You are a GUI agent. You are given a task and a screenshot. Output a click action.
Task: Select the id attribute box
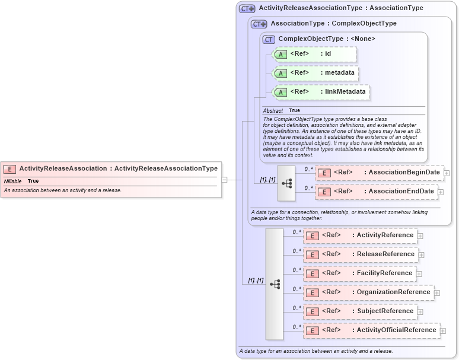click(314, 54)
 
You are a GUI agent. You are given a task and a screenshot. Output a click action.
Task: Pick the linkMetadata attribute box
click(321, 92)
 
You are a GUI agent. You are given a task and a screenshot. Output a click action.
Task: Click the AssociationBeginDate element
click(380, 173)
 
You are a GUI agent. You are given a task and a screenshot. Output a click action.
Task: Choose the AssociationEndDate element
click(377, 192)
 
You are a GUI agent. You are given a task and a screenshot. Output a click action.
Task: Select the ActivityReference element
click(361, 235)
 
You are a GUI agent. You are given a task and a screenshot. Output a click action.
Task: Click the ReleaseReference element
click(361, 254)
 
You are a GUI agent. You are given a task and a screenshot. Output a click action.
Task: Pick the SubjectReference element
click(361, 311)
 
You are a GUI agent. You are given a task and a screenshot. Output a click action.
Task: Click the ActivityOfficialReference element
click(371, 330)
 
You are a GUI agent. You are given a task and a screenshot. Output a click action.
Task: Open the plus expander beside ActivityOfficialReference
click(442, 331)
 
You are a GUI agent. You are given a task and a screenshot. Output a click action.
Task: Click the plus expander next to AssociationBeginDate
click(447, 173)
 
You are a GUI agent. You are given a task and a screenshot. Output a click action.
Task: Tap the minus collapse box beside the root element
click(225, 180)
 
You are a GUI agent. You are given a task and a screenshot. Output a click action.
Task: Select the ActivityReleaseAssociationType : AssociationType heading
click(340, 8)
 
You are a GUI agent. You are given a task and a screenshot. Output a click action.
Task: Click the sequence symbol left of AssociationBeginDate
click(286, 183)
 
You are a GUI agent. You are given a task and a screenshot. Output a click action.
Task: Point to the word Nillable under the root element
click(13, 181)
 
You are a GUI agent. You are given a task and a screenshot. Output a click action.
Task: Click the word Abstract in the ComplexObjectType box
click(273, 111)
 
